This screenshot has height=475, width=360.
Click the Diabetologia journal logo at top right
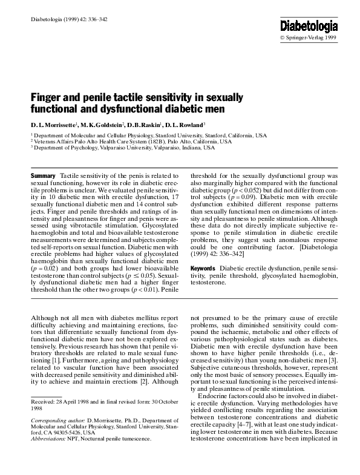click(309, 25)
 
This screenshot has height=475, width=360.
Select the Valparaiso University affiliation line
click(123, 148)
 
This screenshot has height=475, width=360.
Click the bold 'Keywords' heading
click(204, 268)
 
